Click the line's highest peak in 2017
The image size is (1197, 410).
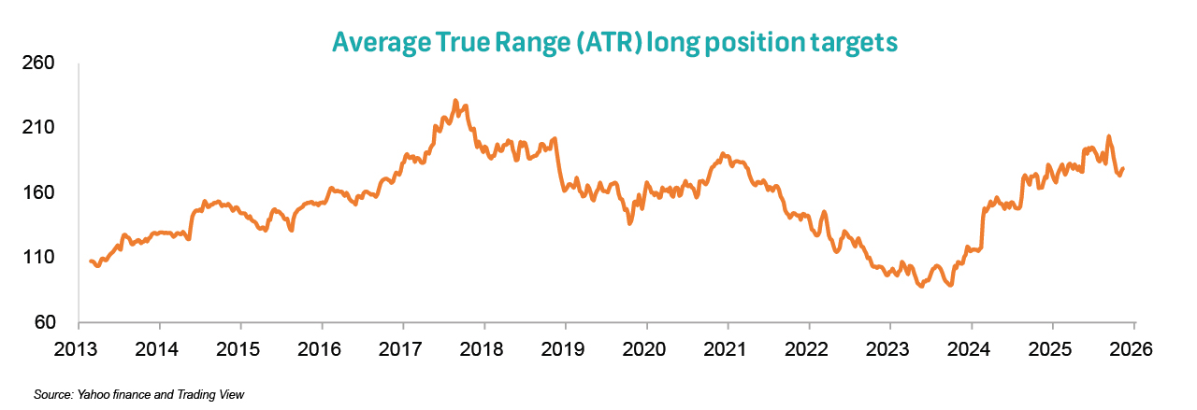point(455,101)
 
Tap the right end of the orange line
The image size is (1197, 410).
point(1123,169)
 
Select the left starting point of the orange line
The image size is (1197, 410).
point(91,262)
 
